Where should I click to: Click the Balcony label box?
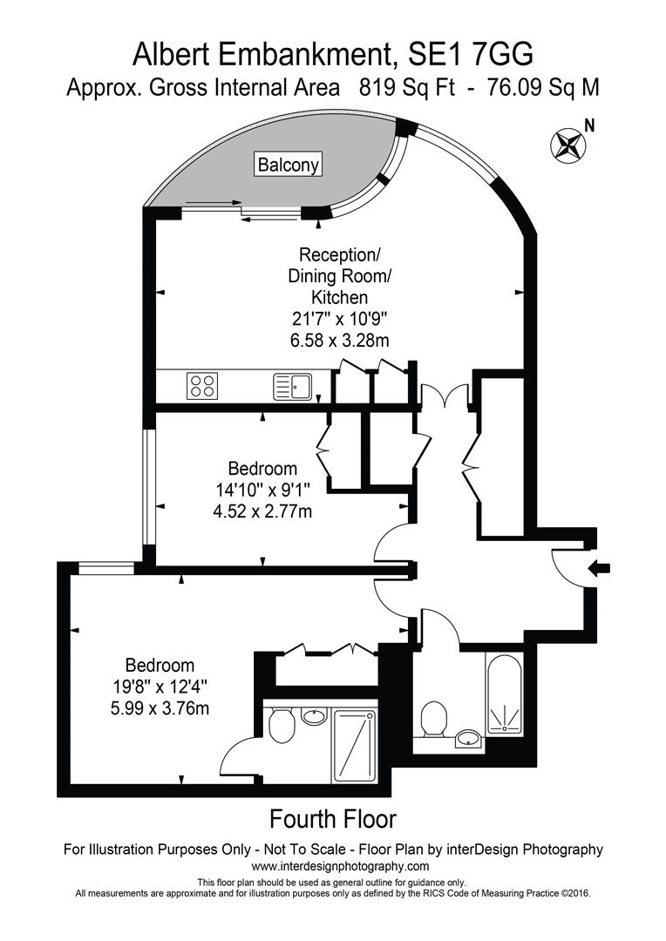pos(289,165)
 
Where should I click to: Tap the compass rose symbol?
pos(567,145)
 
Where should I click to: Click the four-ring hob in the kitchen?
pos(202,386)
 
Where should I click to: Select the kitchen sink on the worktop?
pos(293,387)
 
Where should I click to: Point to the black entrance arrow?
pos(600,568)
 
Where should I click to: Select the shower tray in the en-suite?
pos(354,747)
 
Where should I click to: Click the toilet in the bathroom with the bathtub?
pos(435,719)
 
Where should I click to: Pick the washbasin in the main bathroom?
pos(468,739)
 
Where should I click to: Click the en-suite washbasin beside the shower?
pos(314,716)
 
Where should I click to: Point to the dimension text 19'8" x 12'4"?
pos(160,687)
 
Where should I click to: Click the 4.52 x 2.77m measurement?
pos(262,511)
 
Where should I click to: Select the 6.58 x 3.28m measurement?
pos(339,341)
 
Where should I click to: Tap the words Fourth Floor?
pos(333,818)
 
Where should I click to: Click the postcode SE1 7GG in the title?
pos(470,55)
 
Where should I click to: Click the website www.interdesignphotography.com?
pos(340,866)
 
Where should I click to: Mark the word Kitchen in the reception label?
pos(339,297)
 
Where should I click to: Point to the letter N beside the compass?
pos(590,126)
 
